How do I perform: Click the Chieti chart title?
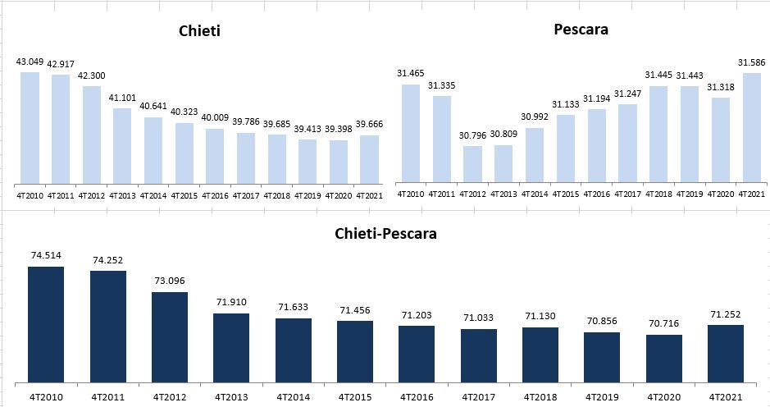tap(200, 31)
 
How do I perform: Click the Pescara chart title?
tap(581, 30)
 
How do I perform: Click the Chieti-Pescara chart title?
tap(385, 234)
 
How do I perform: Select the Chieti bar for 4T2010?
tap(30, 127)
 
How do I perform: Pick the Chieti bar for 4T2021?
tap(370, 159)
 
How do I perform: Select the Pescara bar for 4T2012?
tap(472, 163)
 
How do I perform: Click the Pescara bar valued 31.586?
tap(752, 127)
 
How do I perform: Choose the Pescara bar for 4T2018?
tap(658, 133)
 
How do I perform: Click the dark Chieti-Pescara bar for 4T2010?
tap(46, 324)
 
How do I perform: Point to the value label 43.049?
tap(30, 62)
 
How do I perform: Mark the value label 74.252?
tap(107, 260)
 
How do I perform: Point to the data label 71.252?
tap(726, 314)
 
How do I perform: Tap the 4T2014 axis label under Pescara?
tap(535, 194)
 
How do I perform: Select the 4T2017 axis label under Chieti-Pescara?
tap(479, 396)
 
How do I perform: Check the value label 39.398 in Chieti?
tap(339, 129)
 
